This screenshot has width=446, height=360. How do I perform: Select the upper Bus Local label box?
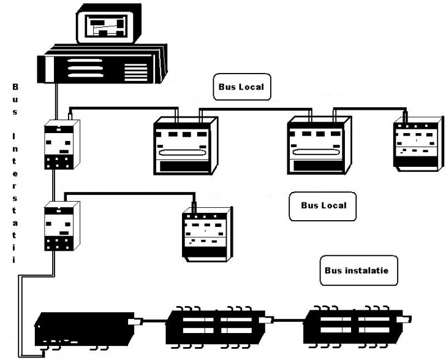click(241, 87)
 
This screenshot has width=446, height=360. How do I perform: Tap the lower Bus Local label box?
click(323, 205)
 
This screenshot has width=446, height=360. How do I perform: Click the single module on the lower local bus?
click(207, 231)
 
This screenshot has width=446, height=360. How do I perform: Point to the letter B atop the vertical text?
click(16, 87)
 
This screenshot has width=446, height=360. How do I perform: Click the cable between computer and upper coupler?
click(57, 101)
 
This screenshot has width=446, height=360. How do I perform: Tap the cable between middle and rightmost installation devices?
click(288, 320)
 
